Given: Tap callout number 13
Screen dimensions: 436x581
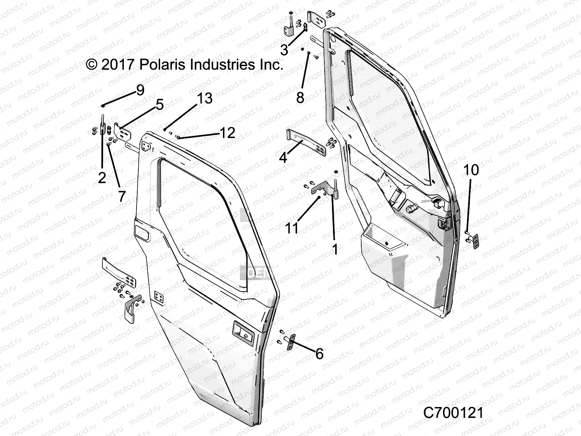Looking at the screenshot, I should [x=205, y=98].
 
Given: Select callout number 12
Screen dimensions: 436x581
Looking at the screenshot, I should [x=228, y=133].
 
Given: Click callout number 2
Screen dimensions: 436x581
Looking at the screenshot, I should [x=102, y=177].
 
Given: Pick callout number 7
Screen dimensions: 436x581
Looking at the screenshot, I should [x=122, y=196].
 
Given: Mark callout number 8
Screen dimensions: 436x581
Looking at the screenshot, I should [x=300, y=97].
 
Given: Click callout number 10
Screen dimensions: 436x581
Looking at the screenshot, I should [x=471, y=170].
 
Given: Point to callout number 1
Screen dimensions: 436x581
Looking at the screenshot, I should [x=335, y=249].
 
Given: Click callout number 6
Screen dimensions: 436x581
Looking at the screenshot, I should [x=319, y=353].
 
